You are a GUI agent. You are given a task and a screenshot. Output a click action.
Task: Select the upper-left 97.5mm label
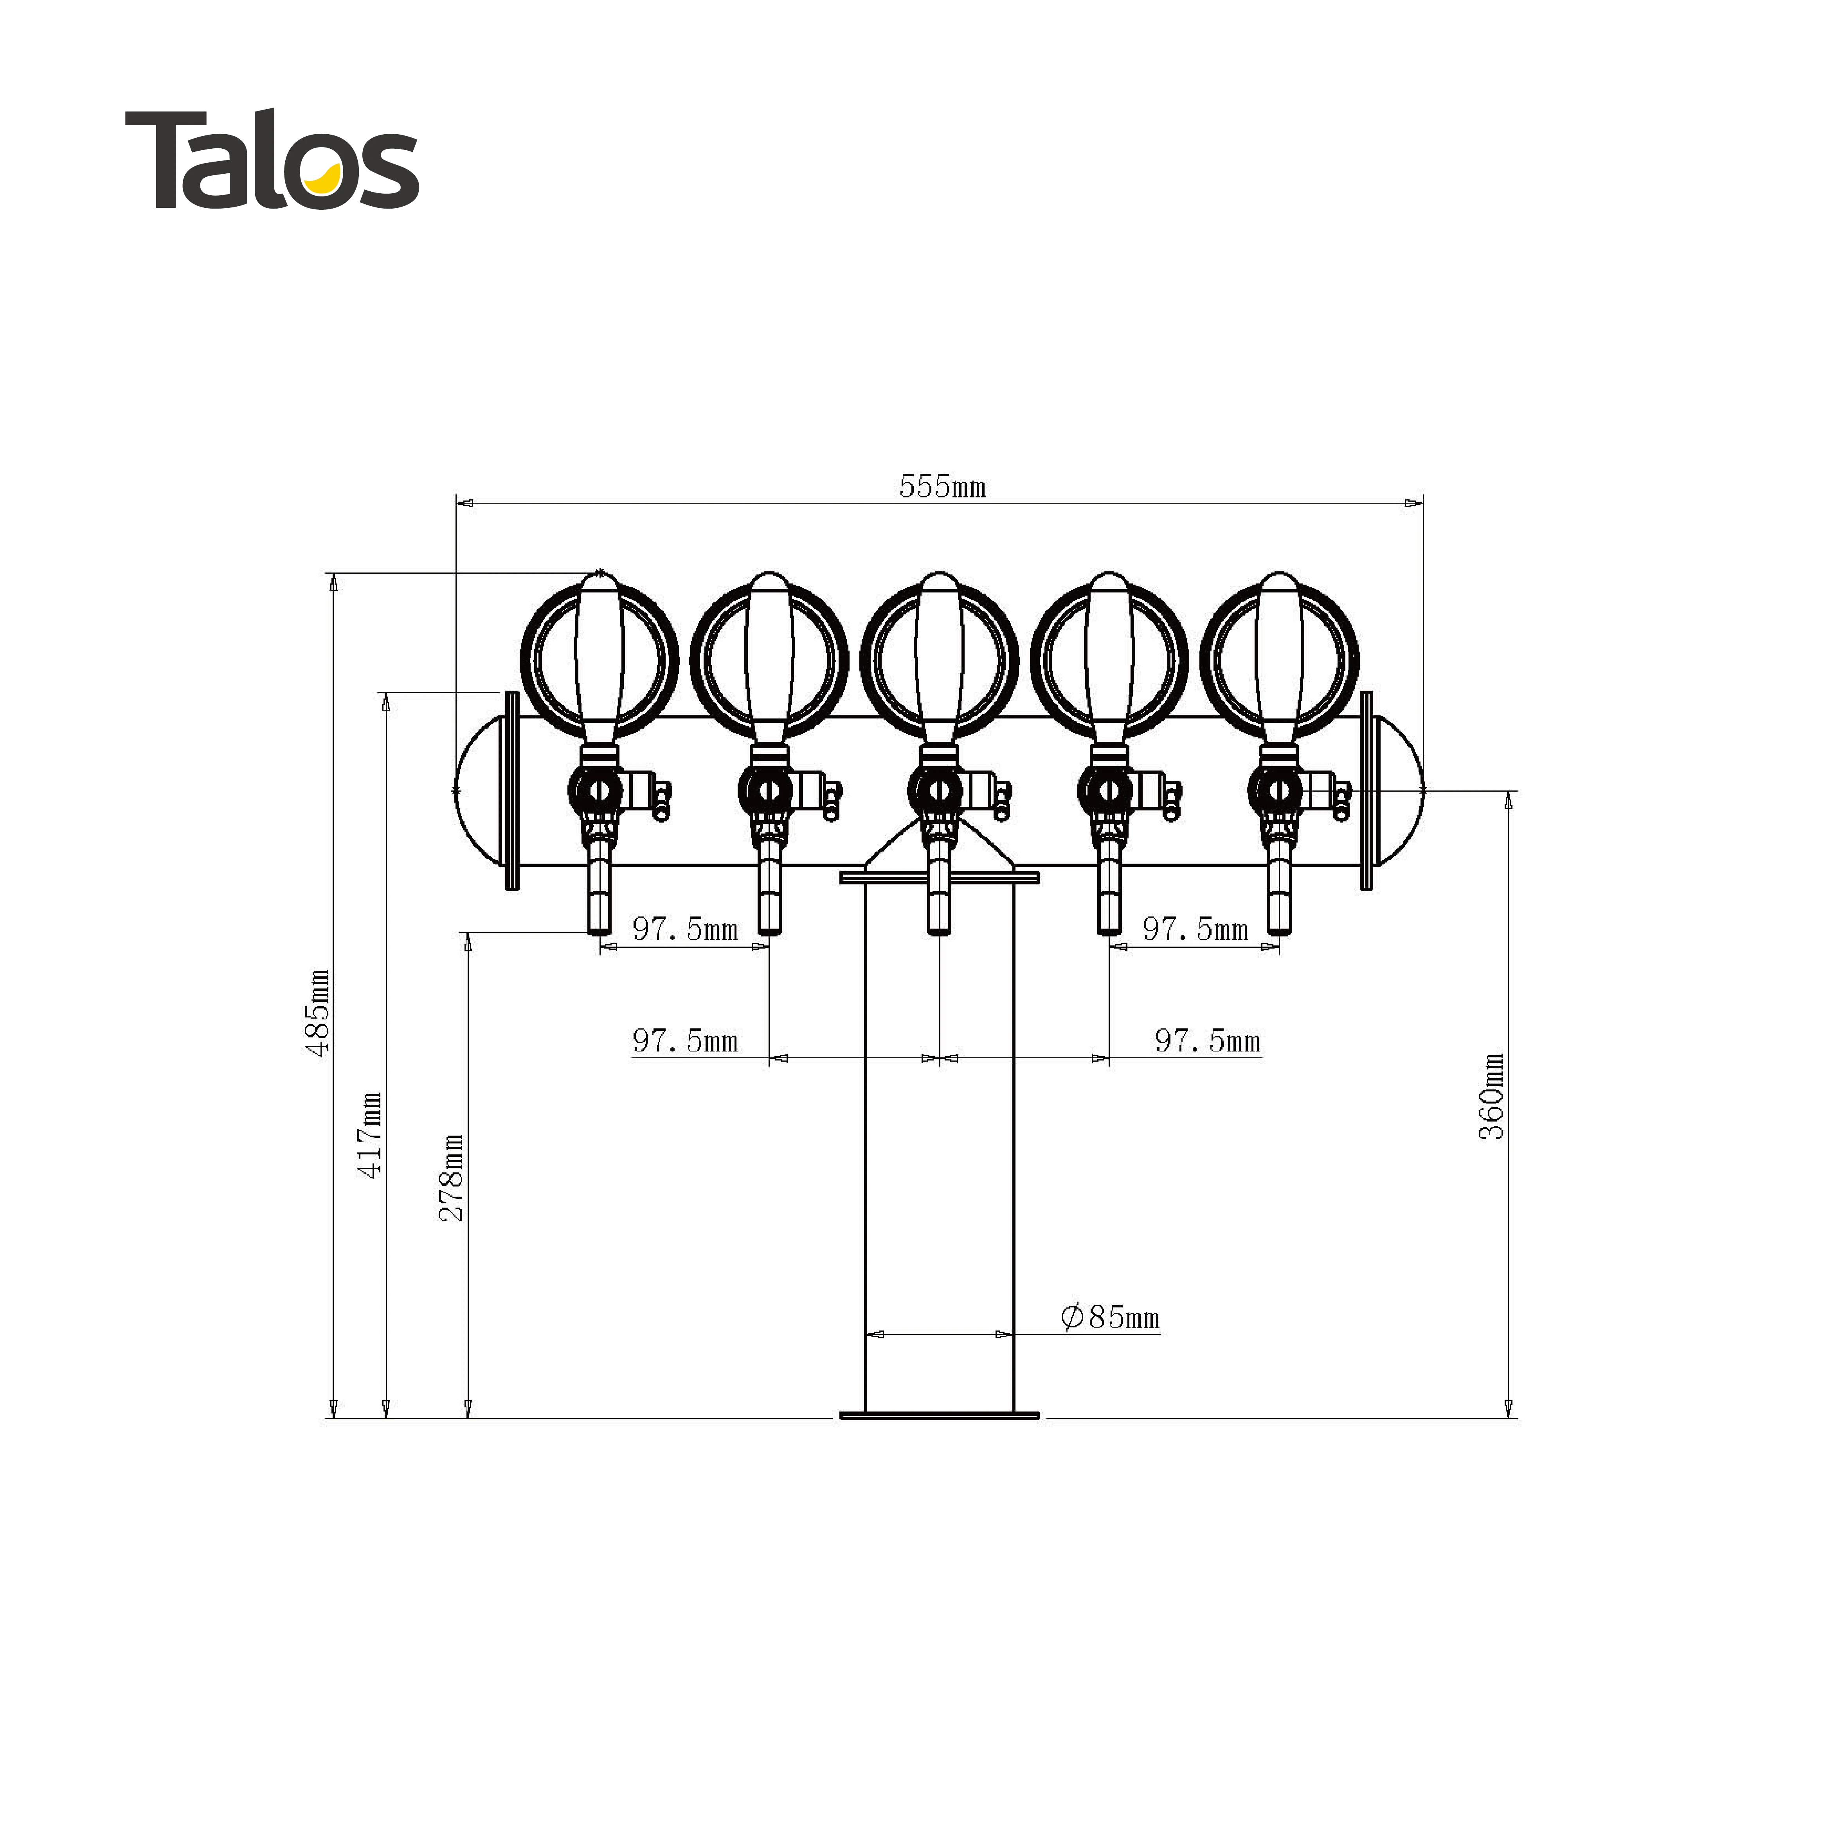click(x=685, y=929)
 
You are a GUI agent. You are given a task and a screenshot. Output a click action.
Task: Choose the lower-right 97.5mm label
click(x=1207, y=1041)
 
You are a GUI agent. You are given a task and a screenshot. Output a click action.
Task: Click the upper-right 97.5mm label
click(x=1195, y=929)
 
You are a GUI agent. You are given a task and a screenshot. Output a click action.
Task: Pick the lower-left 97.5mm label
click(x=685, y=1041)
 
